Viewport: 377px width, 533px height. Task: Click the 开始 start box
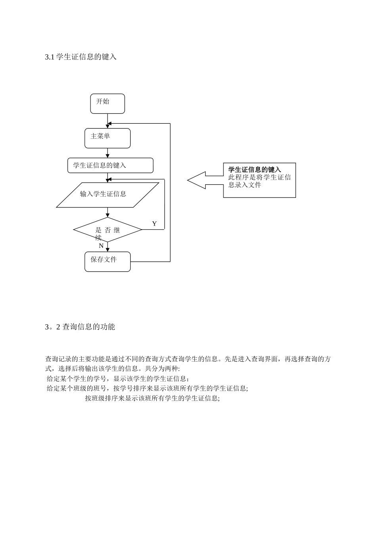(x=107, y=104)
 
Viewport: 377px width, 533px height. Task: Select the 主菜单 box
(x=107, y=138)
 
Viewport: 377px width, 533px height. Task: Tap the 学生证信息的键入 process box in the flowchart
(x=110, y=165)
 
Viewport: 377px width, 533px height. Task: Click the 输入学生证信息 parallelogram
(x=107, y=195)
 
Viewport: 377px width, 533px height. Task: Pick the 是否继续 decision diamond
(x=108, y=230)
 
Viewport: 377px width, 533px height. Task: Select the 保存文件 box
(x=107, y=262)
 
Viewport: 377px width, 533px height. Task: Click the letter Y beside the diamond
(x=154, y=224)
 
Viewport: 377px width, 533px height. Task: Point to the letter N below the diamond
(x=101, y=246)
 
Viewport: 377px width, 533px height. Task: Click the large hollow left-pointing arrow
(x=204, y=180)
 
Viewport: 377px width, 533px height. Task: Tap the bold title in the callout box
(x=254, y=170)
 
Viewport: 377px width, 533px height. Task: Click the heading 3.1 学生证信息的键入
(x=81, y=57)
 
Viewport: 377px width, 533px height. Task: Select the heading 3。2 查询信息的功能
(x=80, y=327)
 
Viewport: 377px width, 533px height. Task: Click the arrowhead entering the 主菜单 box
(x=108, y=126)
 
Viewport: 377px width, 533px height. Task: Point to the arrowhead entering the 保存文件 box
(x=108, y=250)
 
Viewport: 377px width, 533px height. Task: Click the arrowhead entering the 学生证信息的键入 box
(x=108, y=156)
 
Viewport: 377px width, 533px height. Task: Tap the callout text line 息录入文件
(x=244, y=185)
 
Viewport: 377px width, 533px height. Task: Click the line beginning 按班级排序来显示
(x=152, y=398)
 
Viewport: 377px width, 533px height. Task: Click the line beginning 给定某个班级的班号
(x=147, y=388)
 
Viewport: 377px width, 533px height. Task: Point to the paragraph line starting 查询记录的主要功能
(x=188, y=359)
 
